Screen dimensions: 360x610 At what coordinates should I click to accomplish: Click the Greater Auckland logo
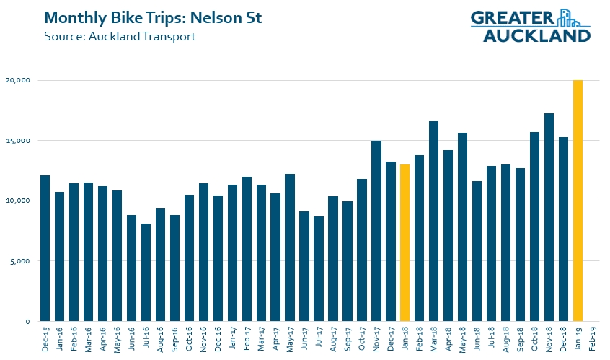click(530, 26)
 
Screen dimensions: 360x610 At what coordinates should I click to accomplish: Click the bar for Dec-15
click(45, 248)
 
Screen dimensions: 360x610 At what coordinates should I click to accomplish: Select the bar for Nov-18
click(549, 217)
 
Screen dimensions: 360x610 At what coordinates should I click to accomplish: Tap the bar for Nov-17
click(376, 231)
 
